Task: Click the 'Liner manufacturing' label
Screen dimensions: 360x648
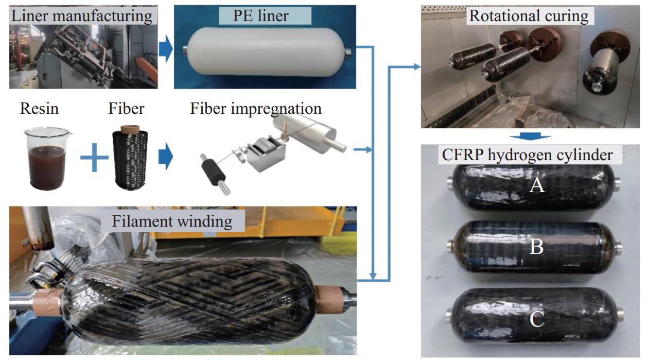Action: [82, 15]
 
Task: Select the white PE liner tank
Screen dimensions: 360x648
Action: [265, 52]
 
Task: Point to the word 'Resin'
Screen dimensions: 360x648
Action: [39, 109]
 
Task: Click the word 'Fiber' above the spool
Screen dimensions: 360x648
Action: [126, 109]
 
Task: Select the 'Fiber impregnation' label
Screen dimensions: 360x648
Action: [256, 109]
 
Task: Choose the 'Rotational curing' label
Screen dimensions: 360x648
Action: [528, 16]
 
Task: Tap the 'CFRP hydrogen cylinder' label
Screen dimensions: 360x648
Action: [526, 155]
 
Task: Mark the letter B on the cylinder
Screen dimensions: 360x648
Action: [537, 247]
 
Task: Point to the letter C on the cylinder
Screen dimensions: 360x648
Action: [537, 319]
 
